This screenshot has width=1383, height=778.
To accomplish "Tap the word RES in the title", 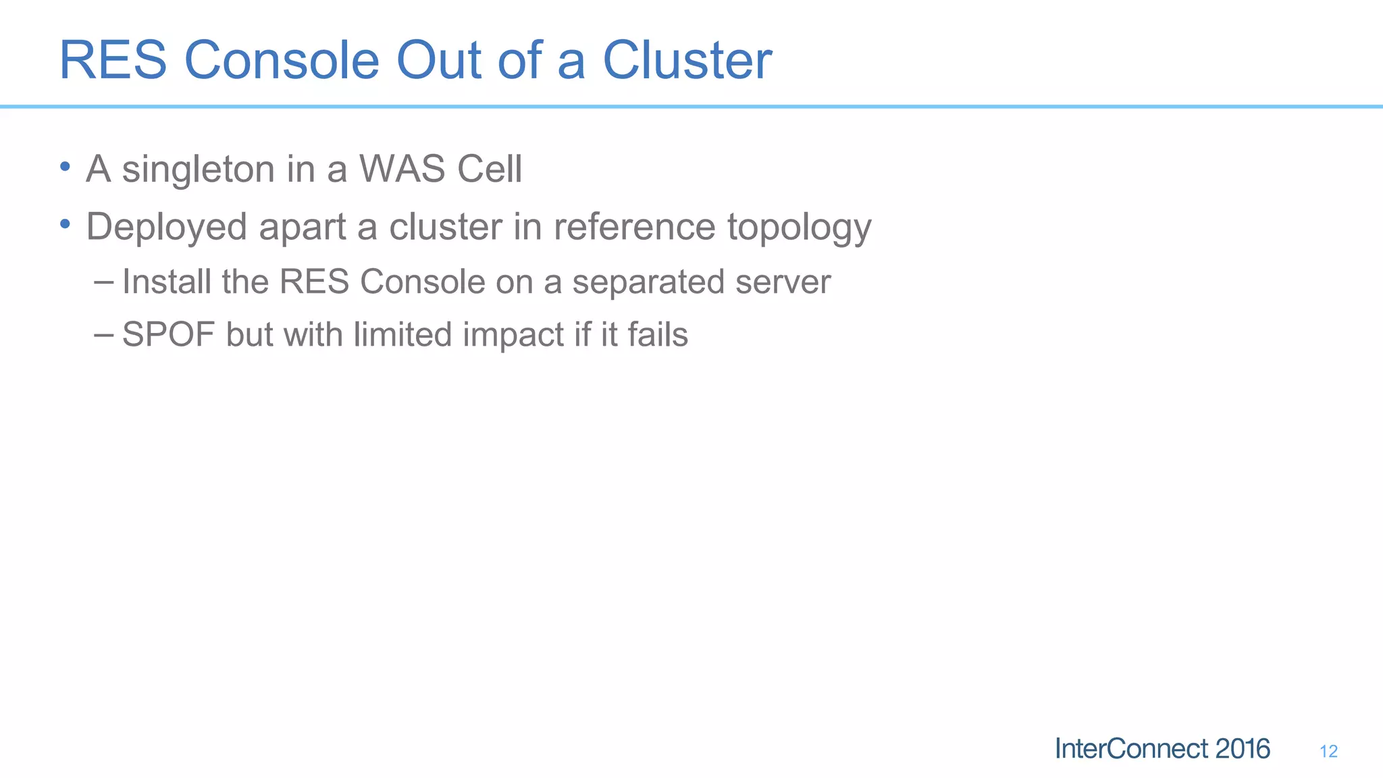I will click(113, 61).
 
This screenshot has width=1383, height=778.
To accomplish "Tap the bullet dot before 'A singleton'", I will click(65, 166).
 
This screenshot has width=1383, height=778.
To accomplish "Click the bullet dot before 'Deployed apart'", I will click(65, 224).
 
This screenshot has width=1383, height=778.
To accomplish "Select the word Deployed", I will click(166, 228).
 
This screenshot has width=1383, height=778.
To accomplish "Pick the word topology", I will click(799, 228).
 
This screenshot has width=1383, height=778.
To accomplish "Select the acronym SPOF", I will click(168, 335).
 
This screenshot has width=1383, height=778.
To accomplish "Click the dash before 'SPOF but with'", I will click(104, 334).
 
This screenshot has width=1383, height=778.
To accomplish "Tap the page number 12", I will click(1328, 752).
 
